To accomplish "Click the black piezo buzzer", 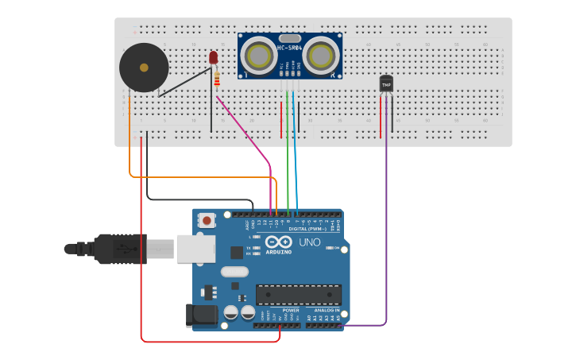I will pos(144,68).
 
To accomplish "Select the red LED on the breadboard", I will pos(213,57).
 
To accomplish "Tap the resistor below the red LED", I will pos(217,78).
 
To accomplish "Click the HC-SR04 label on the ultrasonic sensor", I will pos(288,49).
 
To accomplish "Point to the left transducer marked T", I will pos(258,56).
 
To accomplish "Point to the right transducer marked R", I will pos(321,56).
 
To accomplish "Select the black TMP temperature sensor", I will pos(386,83).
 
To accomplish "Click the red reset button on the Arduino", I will pos(207,220).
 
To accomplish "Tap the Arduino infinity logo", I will pos(279,242).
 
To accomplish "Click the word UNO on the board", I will pos(309,242).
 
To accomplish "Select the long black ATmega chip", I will pos(298,295).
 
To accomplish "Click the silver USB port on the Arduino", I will pos(195,248).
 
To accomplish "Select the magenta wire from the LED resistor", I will pos(246,135).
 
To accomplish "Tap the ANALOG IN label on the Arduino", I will pos(322,310).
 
